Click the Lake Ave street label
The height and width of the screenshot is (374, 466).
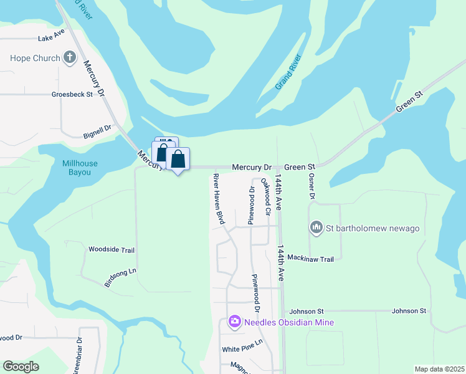(51, 37)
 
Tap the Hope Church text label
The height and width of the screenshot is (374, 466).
(35, 59)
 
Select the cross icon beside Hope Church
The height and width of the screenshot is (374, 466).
(69, 59)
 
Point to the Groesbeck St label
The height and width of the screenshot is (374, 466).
(72, 95)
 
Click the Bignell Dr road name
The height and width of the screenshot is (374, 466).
(97, 131)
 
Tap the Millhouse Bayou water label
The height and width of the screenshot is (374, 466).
(80, 167)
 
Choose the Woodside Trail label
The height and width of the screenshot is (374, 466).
(112, 250)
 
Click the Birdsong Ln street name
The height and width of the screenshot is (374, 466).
(120, 277)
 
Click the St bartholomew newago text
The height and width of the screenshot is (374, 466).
(373, 228)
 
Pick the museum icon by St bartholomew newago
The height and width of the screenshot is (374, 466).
(316, 228)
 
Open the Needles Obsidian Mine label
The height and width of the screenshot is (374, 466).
(289, 322)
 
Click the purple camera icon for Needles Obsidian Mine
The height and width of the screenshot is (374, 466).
(235, 322)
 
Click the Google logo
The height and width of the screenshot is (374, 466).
(21, 366)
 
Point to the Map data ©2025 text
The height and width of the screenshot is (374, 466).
(439, 369)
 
